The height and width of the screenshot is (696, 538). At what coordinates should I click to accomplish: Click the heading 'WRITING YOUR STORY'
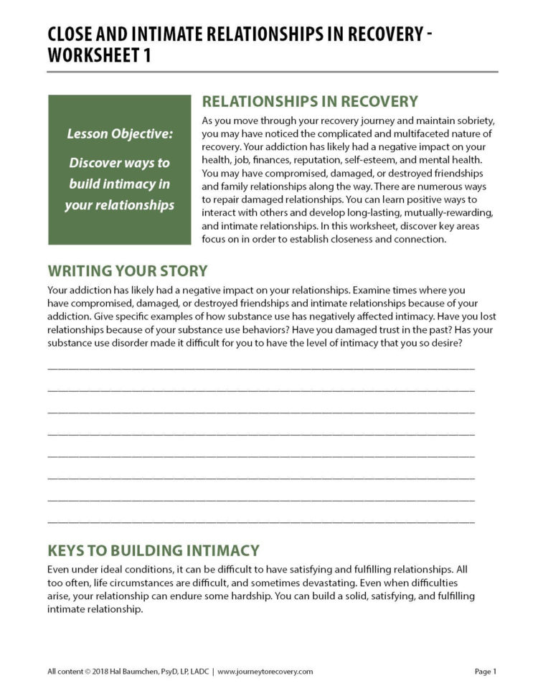coord(127,271)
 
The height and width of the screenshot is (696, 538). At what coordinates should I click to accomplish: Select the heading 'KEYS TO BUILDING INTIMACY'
coord(153,551)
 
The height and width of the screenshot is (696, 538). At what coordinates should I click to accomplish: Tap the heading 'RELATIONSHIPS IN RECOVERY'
coord(310,101)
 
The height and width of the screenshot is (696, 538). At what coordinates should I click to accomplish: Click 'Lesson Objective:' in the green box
coord(120,133)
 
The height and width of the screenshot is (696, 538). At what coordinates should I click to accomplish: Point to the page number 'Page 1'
coord(485,672)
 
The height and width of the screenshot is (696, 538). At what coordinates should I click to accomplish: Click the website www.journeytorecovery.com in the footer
coord(265,672)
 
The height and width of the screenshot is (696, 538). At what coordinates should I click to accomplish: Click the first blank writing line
coord(260,367)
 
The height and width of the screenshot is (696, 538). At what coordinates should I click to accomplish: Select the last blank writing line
coord(260,520)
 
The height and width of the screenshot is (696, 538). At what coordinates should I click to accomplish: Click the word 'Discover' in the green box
coord(93,163)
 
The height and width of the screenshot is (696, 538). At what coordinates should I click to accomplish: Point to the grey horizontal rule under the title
coord(273,72)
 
